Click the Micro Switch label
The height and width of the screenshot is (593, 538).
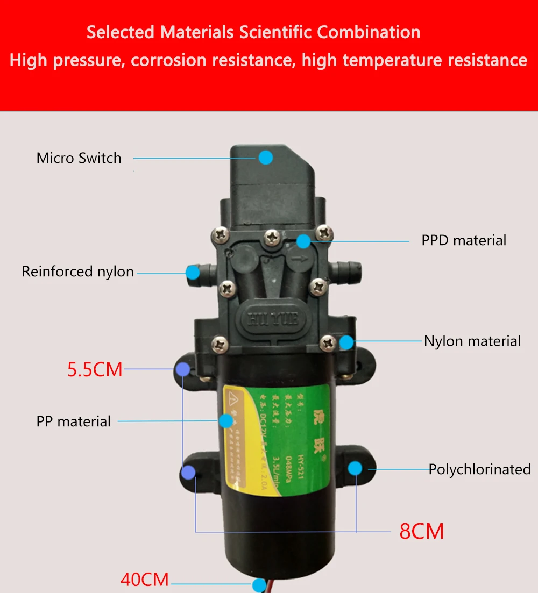coord(79,158)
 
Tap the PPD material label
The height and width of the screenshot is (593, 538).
coord(464,240)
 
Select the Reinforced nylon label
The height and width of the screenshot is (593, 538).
coord(77,272)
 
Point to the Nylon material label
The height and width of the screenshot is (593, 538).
coord(472,341)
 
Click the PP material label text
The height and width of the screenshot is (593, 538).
coord(74,421)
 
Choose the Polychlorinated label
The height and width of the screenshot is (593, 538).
coord(479,469)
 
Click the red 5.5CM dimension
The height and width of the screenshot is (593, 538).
coord(95,370)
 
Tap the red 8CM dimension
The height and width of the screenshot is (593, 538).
coord(421,531)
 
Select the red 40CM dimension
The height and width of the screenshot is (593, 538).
coord(144,580)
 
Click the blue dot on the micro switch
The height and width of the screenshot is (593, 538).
coord(265,158)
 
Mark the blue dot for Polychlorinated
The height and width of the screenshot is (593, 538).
coord(355,468)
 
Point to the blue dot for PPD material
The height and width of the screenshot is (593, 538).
coord(304,241)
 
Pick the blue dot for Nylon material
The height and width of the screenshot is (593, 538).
coord(346,341)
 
